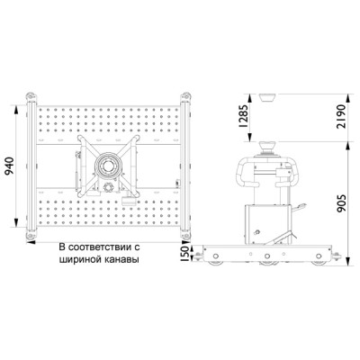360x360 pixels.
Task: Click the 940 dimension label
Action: coord(9,166)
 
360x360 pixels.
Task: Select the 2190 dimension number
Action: coord(341,116)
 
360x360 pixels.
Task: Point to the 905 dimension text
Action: coord(341,203)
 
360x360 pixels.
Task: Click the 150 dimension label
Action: coord(185,254)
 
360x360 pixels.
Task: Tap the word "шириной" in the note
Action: coord(79,260)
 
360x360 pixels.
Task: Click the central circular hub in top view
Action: coord(108,166)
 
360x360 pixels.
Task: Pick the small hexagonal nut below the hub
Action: coord(107,187)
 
